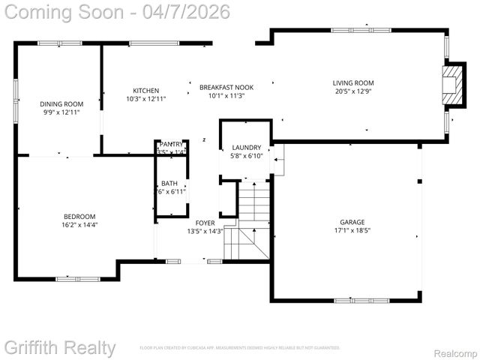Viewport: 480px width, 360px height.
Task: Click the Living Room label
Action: coord(353,83)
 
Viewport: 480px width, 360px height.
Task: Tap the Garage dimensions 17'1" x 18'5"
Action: coord(352,230)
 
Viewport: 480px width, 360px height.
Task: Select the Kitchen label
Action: coord(146,90)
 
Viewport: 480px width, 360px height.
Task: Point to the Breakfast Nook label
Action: coord(226,87)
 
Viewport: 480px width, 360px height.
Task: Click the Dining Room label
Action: coord(61,103)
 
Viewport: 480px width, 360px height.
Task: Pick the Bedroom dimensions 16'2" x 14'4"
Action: coord(79,224)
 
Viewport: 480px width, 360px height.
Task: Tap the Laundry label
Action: coord(247,148)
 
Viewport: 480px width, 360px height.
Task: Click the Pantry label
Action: coord(171,144)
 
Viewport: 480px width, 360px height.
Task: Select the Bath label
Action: coord(169,183)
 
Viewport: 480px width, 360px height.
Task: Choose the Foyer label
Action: coord(205,223)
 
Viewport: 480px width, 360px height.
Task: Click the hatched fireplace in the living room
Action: coord(452,85)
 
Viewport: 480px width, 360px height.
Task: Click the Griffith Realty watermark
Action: coord(60,347)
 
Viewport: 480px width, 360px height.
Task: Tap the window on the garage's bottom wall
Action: coord(362,301)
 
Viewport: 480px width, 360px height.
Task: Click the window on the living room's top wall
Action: coord(352,30)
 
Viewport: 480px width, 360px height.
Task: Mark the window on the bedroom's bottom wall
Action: coord(77,279)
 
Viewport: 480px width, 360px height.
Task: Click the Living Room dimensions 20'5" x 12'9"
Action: coord(353,92)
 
